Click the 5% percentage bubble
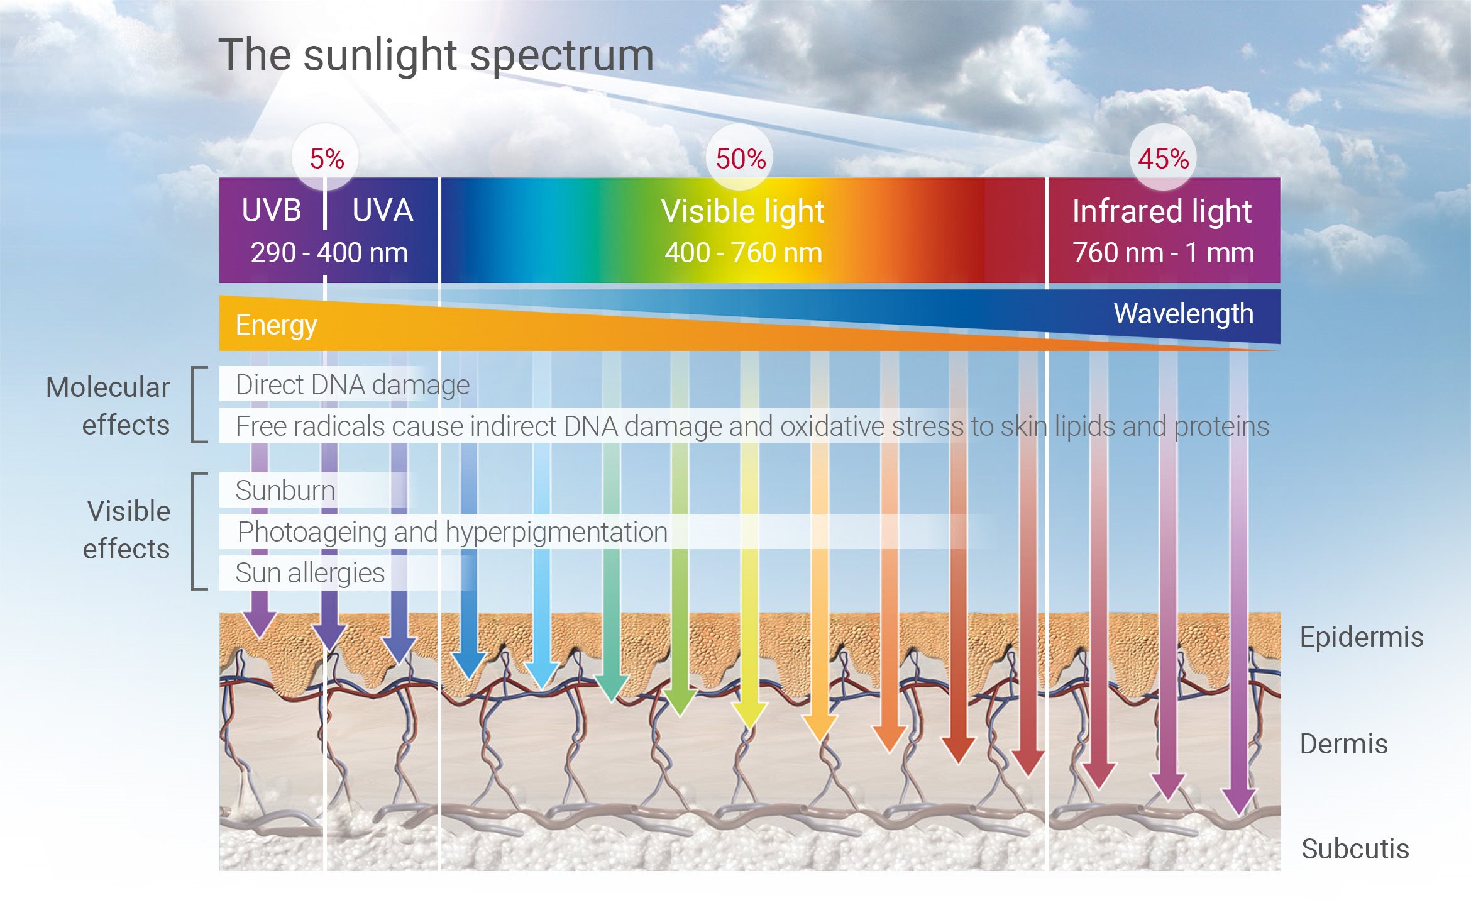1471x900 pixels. (326, 158)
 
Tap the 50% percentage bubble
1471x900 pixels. (741, 158)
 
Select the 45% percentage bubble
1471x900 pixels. (1163, 158)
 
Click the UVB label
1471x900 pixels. (272, 210)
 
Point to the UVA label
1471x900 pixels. (382, 210)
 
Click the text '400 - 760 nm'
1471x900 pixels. (743, 253)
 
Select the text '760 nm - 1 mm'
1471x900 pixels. (1163, 253)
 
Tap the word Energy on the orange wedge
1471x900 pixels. (276, 325)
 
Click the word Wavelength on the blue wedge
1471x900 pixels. (1183, 313)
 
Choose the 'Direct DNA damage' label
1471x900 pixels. (352, 385)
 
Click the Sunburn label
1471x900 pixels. (285, 490)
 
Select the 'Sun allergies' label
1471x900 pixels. (309, 573)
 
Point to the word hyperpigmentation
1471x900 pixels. (556, 532)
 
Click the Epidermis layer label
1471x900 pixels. (1361, 637)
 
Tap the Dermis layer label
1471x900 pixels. (1343, 744)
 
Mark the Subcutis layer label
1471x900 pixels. (1355, 849)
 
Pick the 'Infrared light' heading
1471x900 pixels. (1162, 211)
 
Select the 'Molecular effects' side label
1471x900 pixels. (108, 406)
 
